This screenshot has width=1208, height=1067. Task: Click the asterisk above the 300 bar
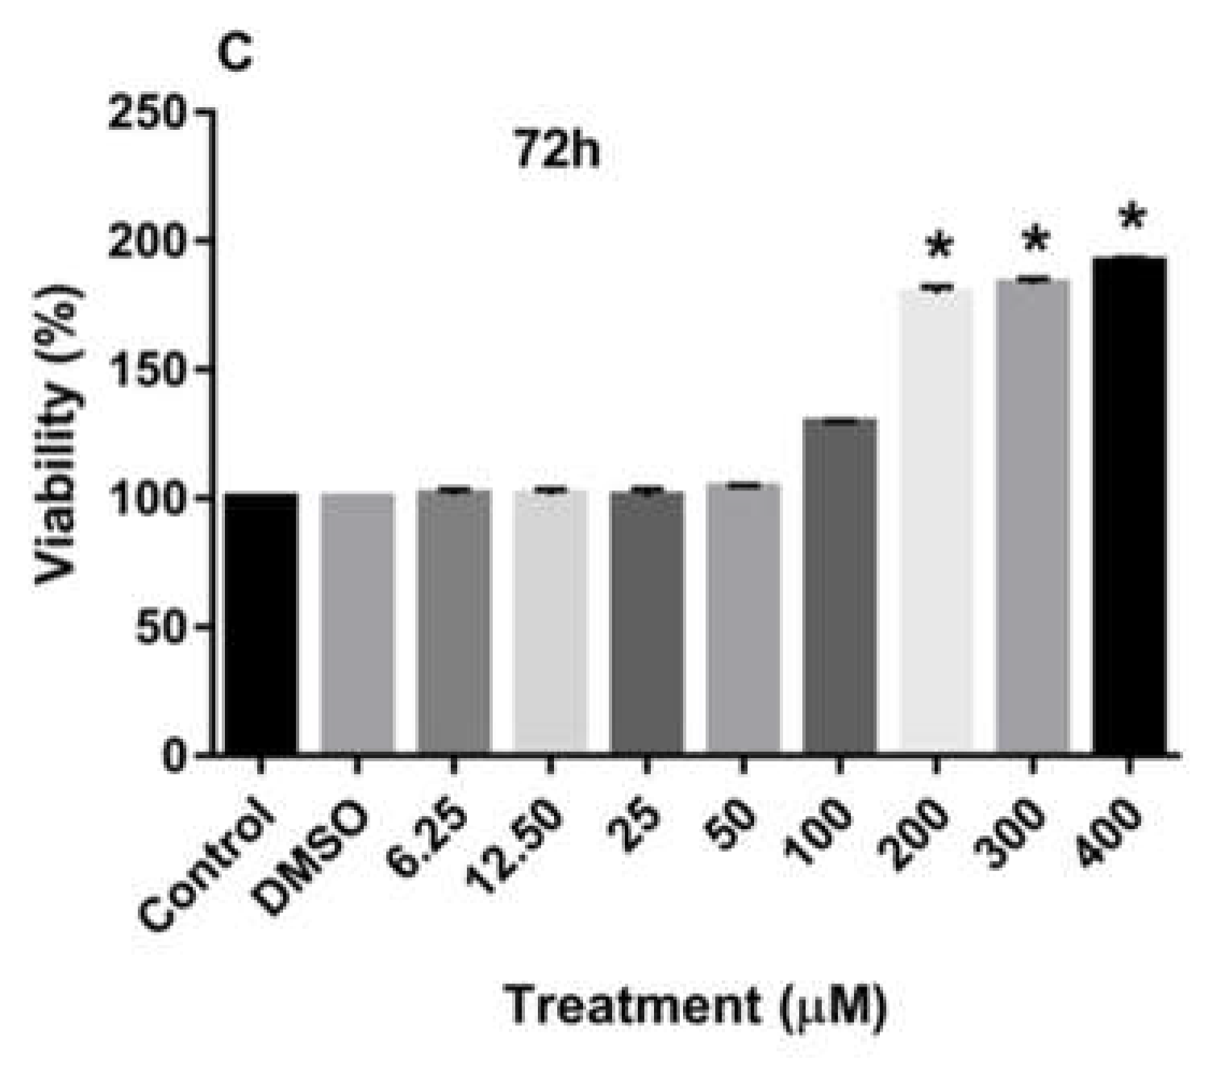coord(1035,240)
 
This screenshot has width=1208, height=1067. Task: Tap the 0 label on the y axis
coord(173,756)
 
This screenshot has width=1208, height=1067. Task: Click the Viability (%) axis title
coord(60,432)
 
